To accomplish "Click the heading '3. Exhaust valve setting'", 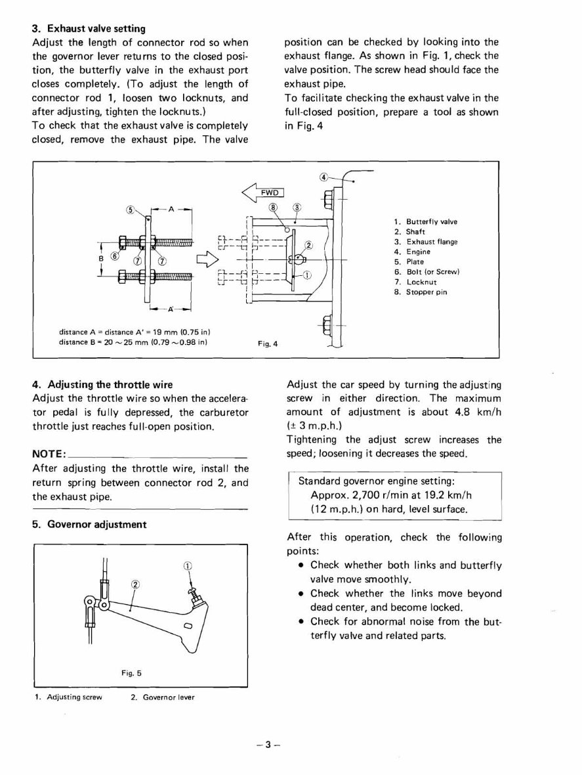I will pyautogui.click(x=89, y=29).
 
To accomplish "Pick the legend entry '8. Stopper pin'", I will pyautogui.click(x=426, y=292).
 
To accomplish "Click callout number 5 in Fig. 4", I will pyautogui.click(x=130, y=210).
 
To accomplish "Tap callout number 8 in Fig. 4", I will pyautogui.click(x=274, y=208).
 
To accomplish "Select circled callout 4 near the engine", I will pyautogui.click(x=323, y=177).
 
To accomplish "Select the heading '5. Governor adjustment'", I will pyautogui.click(x=89, y=524).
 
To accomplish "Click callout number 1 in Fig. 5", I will pyautogui.click(x=187, y=567).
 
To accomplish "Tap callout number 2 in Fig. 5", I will pyautogui.click(x=136, y=585).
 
